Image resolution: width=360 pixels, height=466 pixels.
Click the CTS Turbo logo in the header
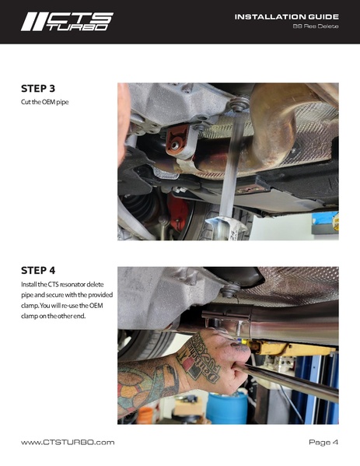pyautogui.click(x=66, y=21)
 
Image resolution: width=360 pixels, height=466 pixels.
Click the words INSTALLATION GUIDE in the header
pyautogui.click(x=286, y=16)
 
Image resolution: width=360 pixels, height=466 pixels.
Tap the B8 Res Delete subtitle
pyautogui.click(x=315, y=27)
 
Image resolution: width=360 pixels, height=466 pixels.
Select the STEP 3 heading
pyautogui.click(x=37, y=89)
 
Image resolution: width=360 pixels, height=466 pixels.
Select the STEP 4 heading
pyautogui.click(x=37, y=271)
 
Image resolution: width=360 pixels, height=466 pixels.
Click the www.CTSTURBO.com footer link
pyautogui.click(x=68, y=442)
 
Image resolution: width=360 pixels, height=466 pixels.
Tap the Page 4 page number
pyautogui.click(x=323, y=442)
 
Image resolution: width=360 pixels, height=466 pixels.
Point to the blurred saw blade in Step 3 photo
pyautogui.click(x=227, y=183)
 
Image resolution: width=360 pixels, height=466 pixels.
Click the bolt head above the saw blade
pyautogui.click(x=239, y=102)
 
